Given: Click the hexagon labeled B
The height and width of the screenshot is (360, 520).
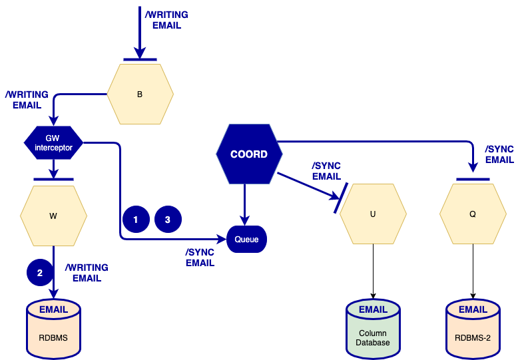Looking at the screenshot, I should (x=140, y=94).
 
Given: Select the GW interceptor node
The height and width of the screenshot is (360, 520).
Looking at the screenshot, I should (x=53, y=142).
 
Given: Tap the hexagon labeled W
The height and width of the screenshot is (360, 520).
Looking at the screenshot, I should (x=53, y=216).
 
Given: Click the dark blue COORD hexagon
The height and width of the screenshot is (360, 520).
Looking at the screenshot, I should (x=248, y=154).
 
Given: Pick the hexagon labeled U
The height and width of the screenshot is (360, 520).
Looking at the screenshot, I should (x=373, y=214).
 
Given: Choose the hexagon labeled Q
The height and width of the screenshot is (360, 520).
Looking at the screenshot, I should (x=473, y=214).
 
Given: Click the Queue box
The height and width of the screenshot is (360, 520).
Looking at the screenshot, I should (x=246, y=239).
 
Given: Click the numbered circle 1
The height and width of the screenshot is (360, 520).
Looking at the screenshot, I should (x=136, y=218).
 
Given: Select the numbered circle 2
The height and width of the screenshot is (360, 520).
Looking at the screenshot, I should (x=40, y=272).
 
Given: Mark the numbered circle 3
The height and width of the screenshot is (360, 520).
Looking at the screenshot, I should (x=168, y=218).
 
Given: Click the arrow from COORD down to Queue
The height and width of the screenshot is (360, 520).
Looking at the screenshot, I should (x=245, y=204).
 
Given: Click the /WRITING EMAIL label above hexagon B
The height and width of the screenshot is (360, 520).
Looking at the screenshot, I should (x=166, y=20).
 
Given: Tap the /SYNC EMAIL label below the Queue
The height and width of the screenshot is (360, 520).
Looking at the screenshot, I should (x=200, y=258).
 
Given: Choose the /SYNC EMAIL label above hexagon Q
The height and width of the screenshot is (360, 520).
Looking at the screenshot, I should (x=499, y=154).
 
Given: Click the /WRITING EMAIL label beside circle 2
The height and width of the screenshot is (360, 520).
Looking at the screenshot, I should (x=86, y=273).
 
